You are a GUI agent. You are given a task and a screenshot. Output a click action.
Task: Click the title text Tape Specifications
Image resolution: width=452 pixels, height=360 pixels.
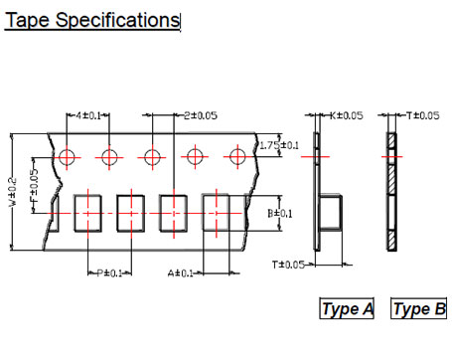(x=92, y=20)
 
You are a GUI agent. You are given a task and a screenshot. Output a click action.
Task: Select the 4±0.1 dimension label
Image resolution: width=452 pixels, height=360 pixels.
(x=87, y=115)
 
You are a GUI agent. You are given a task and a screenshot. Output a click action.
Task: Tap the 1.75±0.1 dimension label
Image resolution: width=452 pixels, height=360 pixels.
(x=278, y=145)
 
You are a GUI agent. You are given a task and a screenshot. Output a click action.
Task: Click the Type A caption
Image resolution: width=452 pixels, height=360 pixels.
(x=347, y=309)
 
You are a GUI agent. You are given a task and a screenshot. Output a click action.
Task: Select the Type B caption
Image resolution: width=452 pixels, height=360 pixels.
(x=419, y=309)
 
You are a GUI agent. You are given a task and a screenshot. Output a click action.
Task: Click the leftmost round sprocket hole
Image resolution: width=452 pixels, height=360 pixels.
(x=68, y=157)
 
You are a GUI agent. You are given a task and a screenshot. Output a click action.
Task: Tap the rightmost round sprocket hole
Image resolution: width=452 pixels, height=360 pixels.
(x=237, y=157)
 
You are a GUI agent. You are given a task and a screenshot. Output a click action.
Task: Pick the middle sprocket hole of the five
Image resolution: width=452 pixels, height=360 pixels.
(x=152, y=157)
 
